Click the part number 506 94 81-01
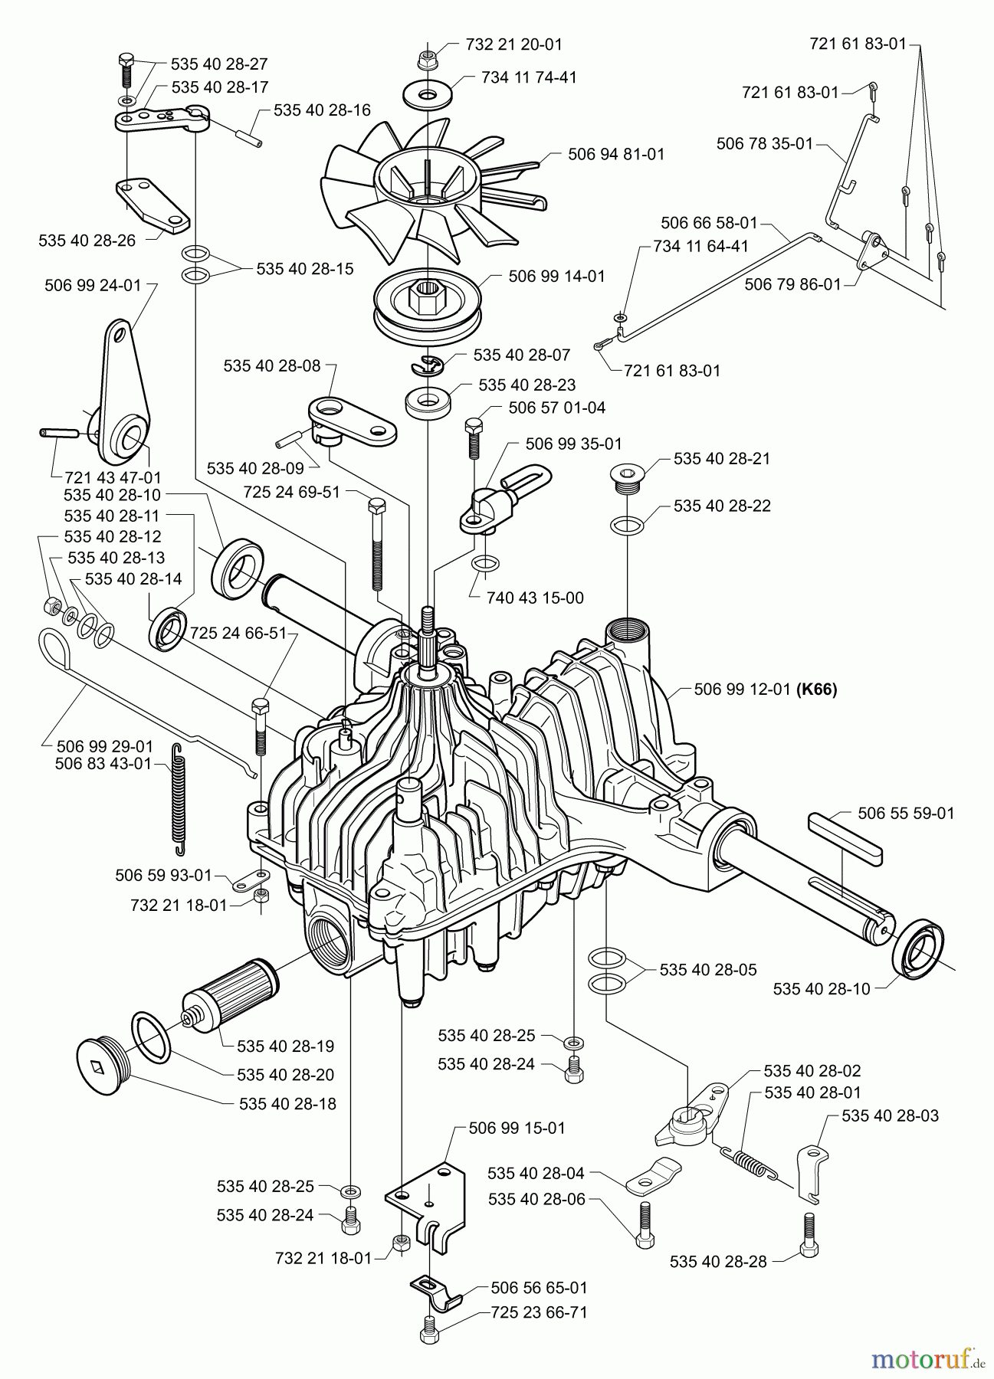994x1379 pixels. (616, 154)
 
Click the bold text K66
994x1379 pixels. (817, 689)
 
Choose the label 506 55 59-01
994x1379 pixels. (906, 813)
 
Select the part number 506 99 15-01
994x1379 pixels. (517, 1128)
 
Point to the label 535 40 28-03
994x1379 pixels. (890, 1115)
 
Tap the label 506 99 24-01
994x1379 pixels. (93, 286)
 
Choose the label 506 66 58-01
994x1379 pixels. (709, 223)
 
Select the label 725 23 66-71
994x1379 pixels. (539, 1312)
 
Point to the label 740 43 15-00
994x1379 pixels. (535, 597)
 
